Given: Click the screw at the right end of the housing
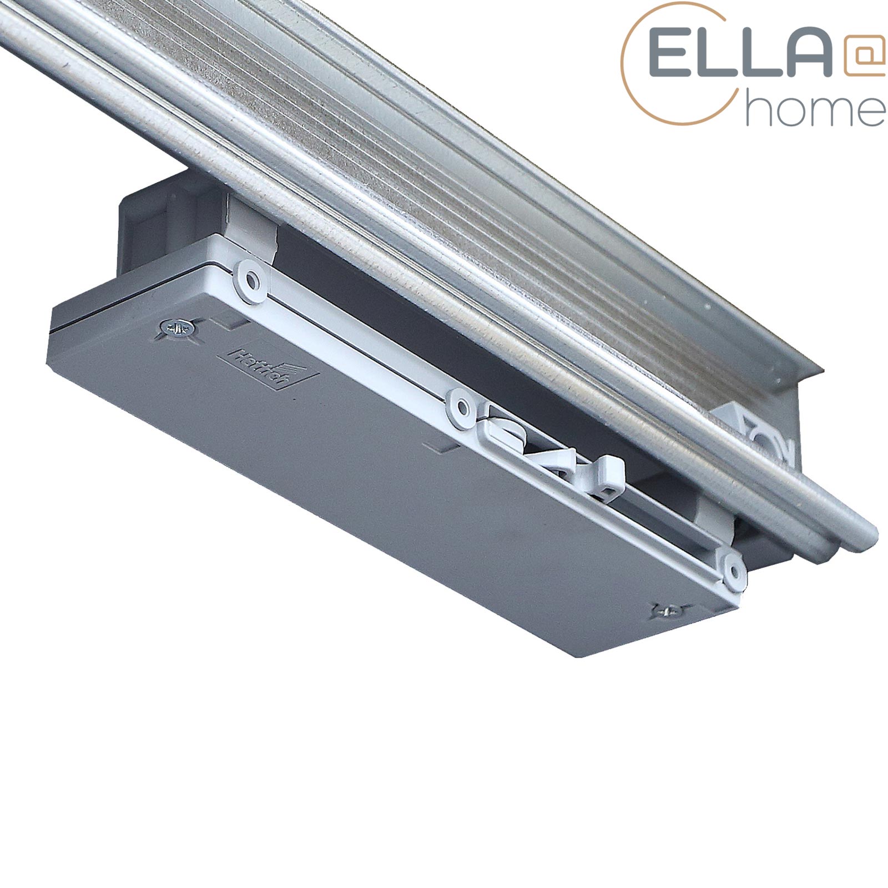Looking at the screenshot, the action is pyautogui.click(x=670, y=611).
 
